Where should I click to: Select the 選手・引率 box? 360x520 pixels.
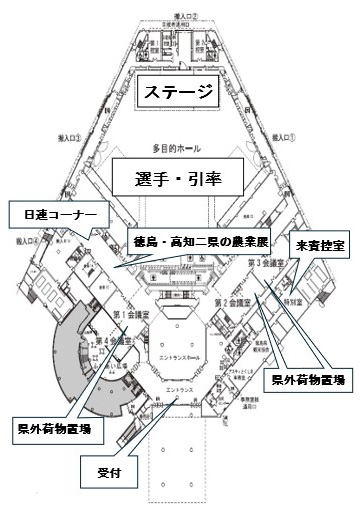tap(178, 179)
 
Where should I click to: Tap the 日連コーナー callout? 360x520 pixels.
tap(54, 214)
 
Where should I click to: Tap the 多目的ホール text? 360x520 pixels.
tap(178, 147)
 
